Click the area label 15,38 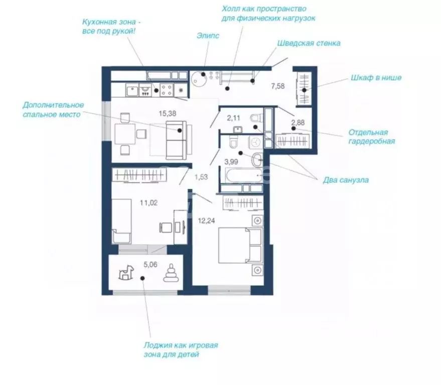click(x=168, y=114)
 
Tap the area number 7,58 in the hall click(x=278, y=86)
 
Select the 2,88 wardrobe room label click(x=298, y=122)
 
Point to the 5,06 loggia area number click(x=151, y=265)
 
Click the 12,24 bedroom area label click(x=206, y=221)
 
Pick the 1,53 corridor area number click(x=201, y=177)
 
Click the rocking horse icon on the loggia click(x=126, y=272)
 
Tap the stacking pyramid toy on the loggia click(x=171, y=273)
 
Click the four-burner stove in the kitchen click(x=167, y=90)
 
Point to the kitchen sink click(x=132, y=90)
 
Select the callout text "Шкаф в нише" click(x=376, y=78)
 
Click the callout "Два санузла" click(x=346, y=180)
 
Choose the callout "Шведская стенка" click(x=309, y=43)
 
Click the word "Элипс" click(x=208, y=36)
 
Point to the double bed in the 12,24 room click(x=241, y=245)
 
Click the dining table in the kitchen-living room click(x=125, y=134)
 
